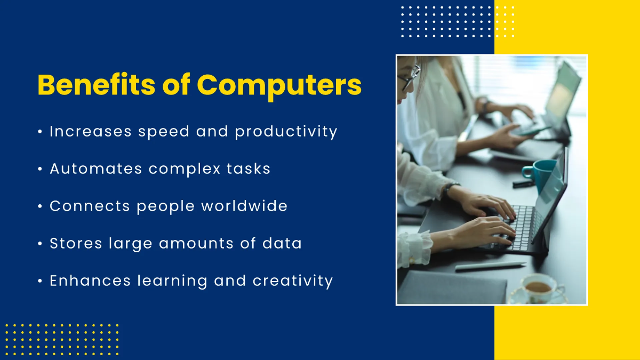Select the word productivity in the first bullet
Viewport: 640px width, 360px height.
click(286, 132)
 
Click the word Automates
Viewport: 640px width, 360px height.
click(96, 169)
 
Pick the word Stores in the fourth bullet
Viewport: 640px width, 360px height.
click(76, 243)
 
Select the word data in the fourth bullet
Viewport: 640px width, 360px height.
click(282, 243)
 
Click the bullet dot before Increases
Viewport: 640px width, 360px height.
click(41, 132)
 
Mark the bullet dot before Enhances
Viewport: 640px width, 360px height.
click(41, 281)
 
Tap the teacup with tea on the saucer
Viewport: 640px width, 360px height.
click(539, 288)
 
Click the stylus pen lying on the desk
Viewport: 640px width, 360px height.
click(490, 265)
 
